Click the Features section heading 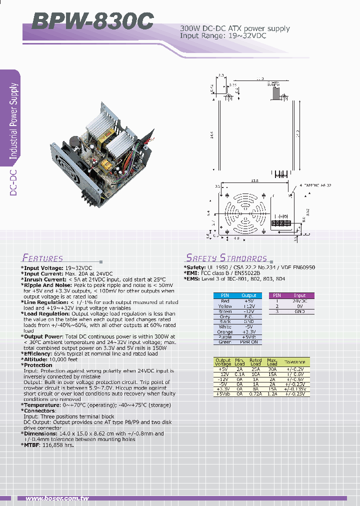pyautogui.click(x=42, y=258)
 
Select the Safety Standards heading pyautogui.click(x=226, y=258)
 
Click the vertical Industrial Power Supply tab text pyautogui.click(x=14, y=121)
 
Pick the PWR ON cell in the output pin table pyautogui.click(x=248, y=342)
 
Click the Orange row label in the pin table pyautogui.click(x=225, y=331)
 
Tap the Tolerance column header pyautogui.click(x=294, y=362)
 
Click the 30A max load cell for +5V pyautogui.click(x=272, y=369)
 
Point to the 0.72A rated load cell pyautogui.click(x=256, y=394)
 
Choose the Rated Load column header pyautogui.click(x=256, y=362)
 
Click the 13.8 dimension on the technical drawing pyautogui.click(x=254, y=180)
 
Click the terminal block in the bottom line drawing pyautogui.click(x=281, y=223)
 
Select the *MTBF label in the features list pyautogui.click(x=33, y=444)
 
